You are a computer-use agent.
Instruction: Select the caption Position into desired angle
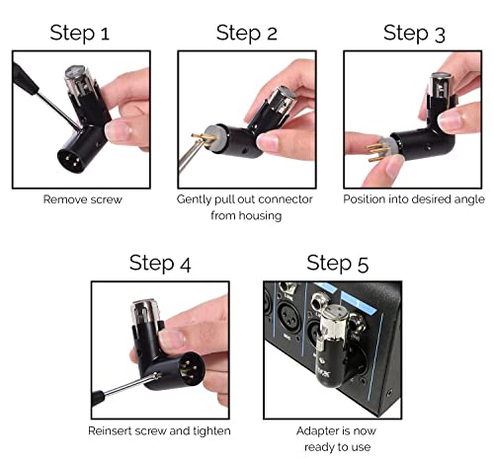click(413, 198)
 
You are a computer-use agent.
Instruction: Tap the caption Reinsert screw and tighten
click(160, 430)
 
